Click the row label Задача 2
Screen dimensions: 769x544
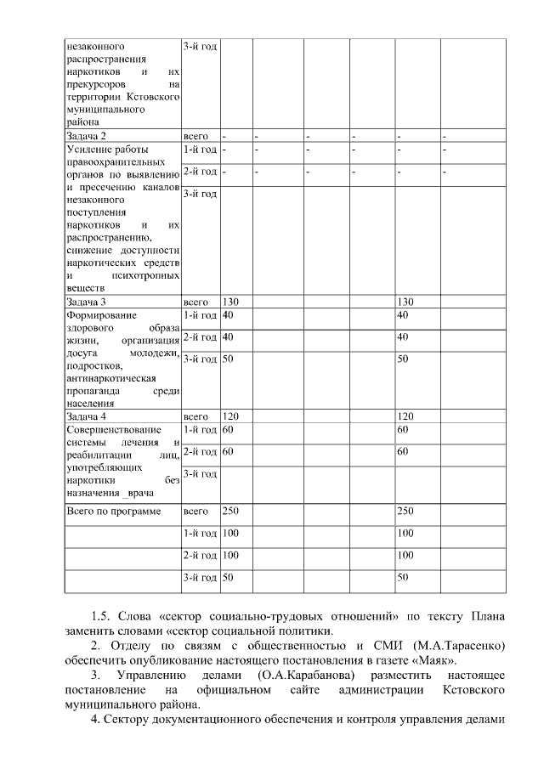86,136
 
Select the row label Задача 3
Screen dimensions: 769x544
86,302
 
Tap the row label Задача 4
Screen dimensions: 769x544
86,416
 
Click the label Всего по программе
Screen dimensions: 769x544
113,511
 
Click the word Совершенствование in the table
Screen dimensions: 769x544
113,430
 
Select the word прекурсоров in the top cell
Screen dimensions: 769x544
96,85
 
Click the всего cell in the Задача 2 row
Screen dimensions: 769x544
195,136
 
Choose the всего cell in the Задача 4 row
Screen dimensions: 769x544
195,416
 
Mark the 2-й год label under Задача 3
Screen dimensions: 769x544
200,337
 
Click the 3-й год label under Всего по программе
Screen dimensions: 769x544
200,578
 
